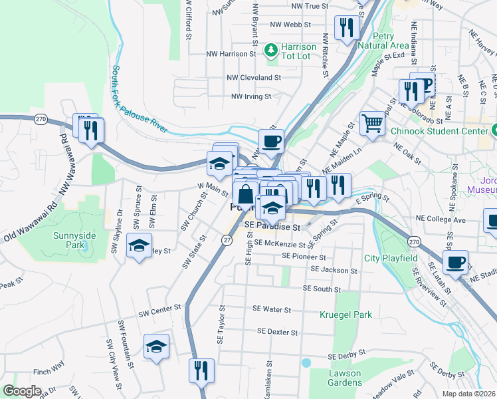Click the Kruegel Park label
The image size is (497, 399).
345,314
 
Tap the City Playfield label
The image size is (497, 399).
391,258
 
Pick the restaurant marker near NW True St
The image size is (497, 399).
347,28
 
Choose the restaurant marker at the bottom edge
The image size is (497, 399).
201,370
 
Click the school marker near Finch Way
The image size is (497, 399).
156,346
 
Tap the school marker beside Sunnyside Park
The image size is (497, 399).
139,246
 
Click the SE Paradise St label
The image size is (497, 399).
272,227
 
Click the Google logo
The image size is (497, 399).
22,391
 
